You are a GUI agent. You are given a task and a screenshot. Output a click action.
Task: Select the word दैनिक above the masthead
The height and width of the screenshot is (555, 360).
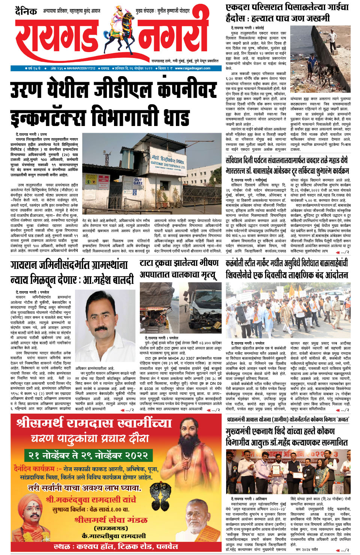26,11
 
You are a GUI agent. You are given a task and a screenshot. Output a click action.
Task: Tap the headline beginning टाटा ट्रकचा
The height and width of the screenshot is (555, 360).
179,268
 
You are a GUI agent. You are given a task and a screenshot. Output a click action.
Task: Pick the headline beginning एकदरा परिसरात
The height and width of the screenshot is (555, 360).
287,12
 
